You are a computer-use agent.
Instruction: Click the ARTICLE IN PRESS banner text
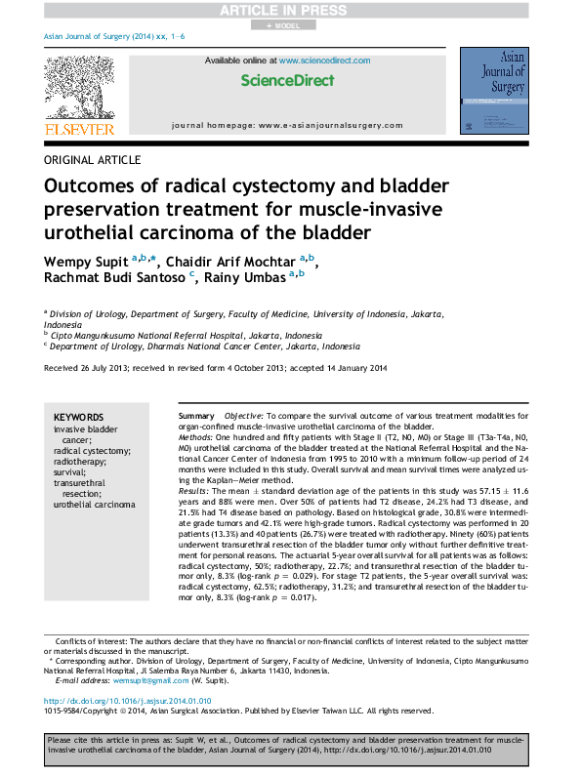pyautogui.click(x=290, y=10)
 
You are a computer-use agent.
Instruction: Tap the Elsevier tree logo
pyautogui.click(x=74, y=87)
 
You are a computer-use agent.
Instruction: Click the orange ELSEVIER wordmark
pyautogui.click(x=74, y=128)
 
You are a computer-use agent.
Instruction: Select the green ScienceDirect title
pyautogui.click(x=290, y=82)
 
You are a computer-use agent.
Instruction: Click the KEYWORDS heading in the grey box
pyautogui.click(x=78, y=416)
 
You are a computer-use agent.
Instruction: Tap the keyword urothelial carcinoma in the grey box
pyautogui.click(x=95, y=505)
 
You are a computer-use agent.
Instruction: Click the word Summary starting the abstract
pyautogui.click(x=195, y=416)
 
